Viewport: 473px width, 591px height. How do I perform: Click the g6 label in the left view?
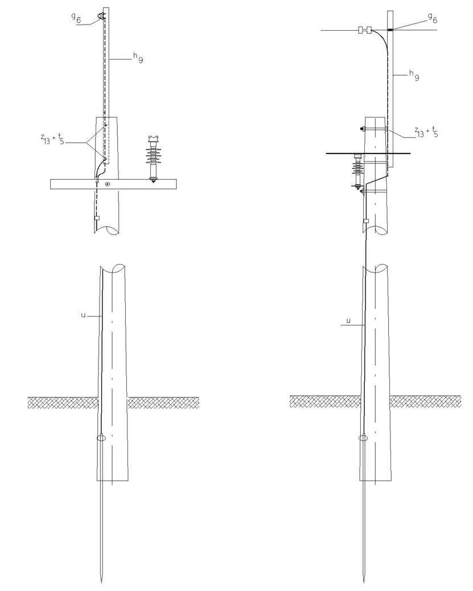pos(76,18)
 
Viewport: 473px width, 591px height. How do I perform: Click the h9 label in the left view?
pos(138,57)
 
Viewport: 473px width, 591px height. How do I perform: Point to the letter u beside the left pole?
pos(83,315)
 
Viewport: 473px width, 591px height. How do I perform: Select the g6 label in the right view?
pos(433,18)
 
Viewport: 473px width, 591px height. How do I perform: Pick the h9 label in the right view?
pos(414,76)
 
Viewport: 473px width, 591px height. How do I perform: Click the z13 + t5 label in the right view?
pos(426,132)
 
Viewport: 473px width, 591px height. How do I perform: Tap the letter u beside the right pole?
pos(348,321)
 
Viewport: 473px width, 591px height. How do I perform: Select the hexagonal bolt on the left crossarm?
pos(108,184)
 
